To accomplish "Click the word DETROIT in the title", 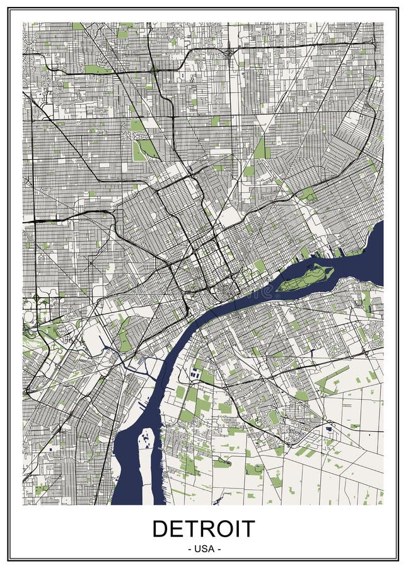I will point(203,529).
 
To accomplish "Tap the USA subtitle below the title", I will point(203,549).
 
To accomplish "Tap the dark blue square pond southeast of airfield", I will point(329,429).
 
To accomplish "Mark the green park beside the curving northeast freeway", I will point(308,194).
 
